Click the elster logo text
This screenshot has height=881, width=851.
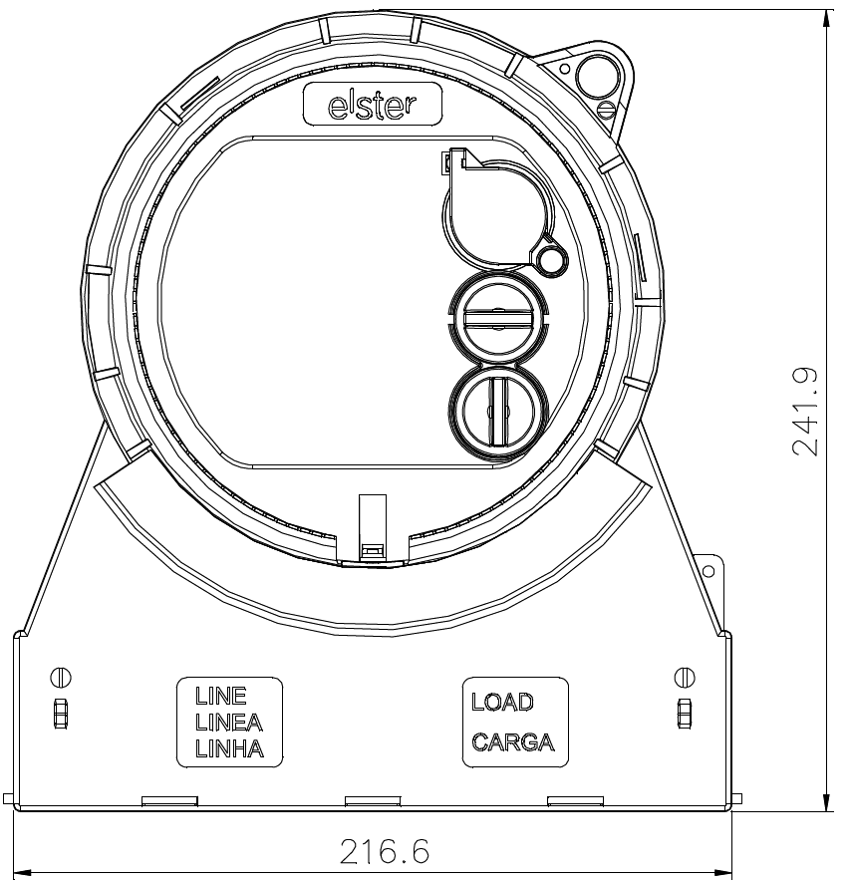click(x=373, y=105)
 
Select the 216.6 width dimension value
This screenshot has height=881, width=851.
click(x=385, y=851)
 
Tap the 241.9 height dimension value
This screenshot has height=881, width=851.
click(x=804, y=412)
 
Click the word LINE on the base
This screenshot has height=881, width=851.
click(x=221, y=697)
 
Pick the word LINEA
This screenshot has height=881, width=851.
click(x=228, y=722)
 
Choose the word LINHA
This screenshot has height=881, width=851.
click(x=229, y=748)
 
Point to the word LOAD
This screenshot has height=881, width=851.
click(x=502, y=702)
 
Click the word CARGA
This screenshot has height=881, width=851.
click(x=513, y=742)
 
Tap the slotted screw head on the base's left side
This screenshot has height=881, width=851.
click(x=61, y=677)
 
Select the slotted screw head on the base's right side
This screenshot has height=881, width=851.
click(x=685, y=677)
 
